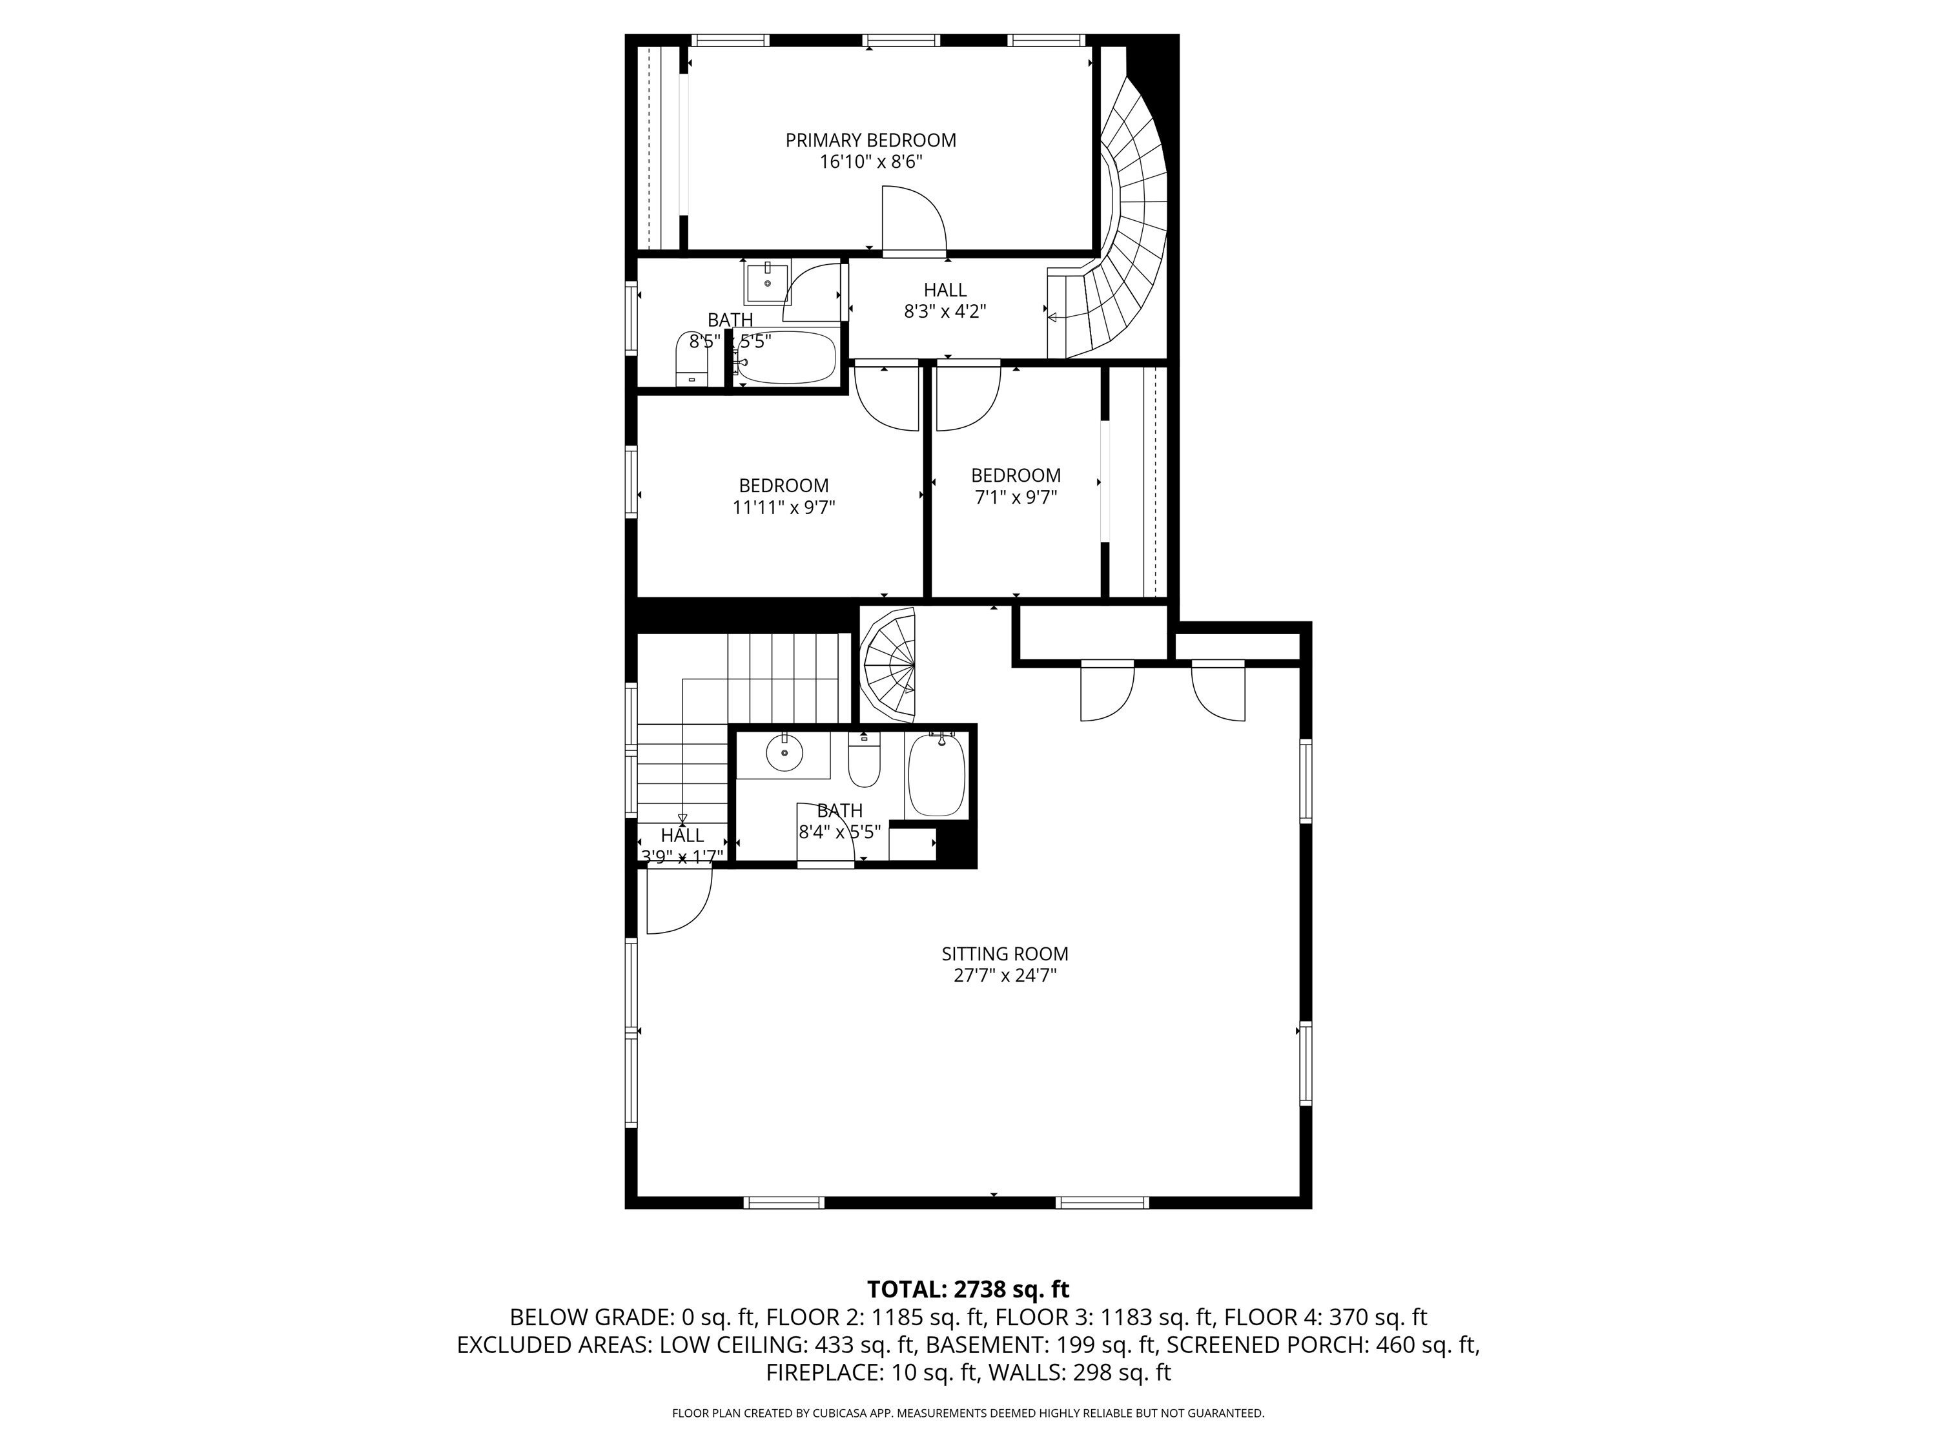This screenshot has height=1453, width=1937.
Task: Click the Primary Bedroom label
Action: coord(870,140)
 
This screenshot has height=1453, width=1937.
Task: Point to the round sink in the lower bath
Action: coord(784,752)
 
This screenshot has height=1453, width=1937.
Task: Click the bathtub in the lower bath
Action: coord(936,775)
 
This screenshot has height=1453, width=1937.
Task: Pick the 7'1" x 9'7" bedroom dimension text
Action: coord(1016,497)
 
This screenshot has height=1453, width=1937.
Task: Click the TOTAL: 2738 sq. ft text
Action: coord(968,1289)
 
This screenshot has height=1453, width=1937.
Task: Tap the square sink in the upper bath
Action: coord(767,281)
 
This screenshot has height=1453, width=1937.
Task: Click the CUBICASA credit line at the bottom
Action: coord(968,1413)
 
